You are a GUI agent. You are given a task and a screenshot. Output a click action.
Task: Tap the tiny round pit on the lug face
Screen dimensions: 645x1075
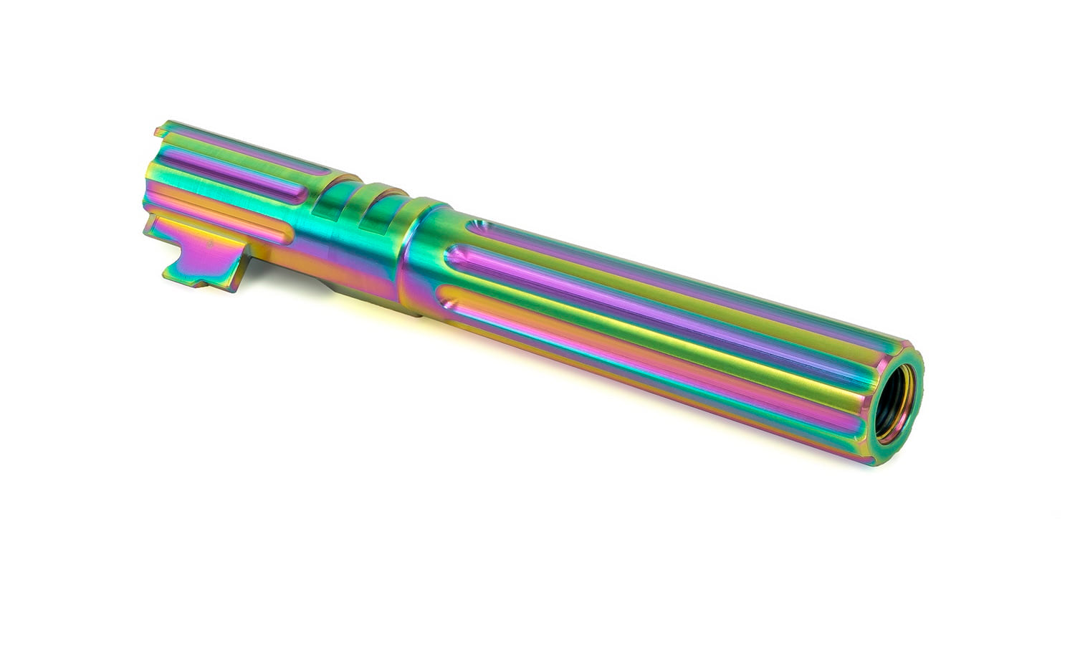tap(209, 245)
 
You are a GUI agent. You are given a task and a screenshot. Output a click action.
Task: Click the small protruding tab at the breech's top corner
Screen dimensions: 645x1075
tap(161, 131)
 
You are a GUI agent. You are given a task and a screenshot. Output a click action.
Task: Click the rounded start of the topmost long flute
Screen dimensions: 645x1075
tap(479, 228)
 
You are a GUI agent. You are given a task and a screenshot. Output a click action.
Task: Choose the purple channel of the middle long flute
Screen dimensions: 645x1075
tap(645, 301)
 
